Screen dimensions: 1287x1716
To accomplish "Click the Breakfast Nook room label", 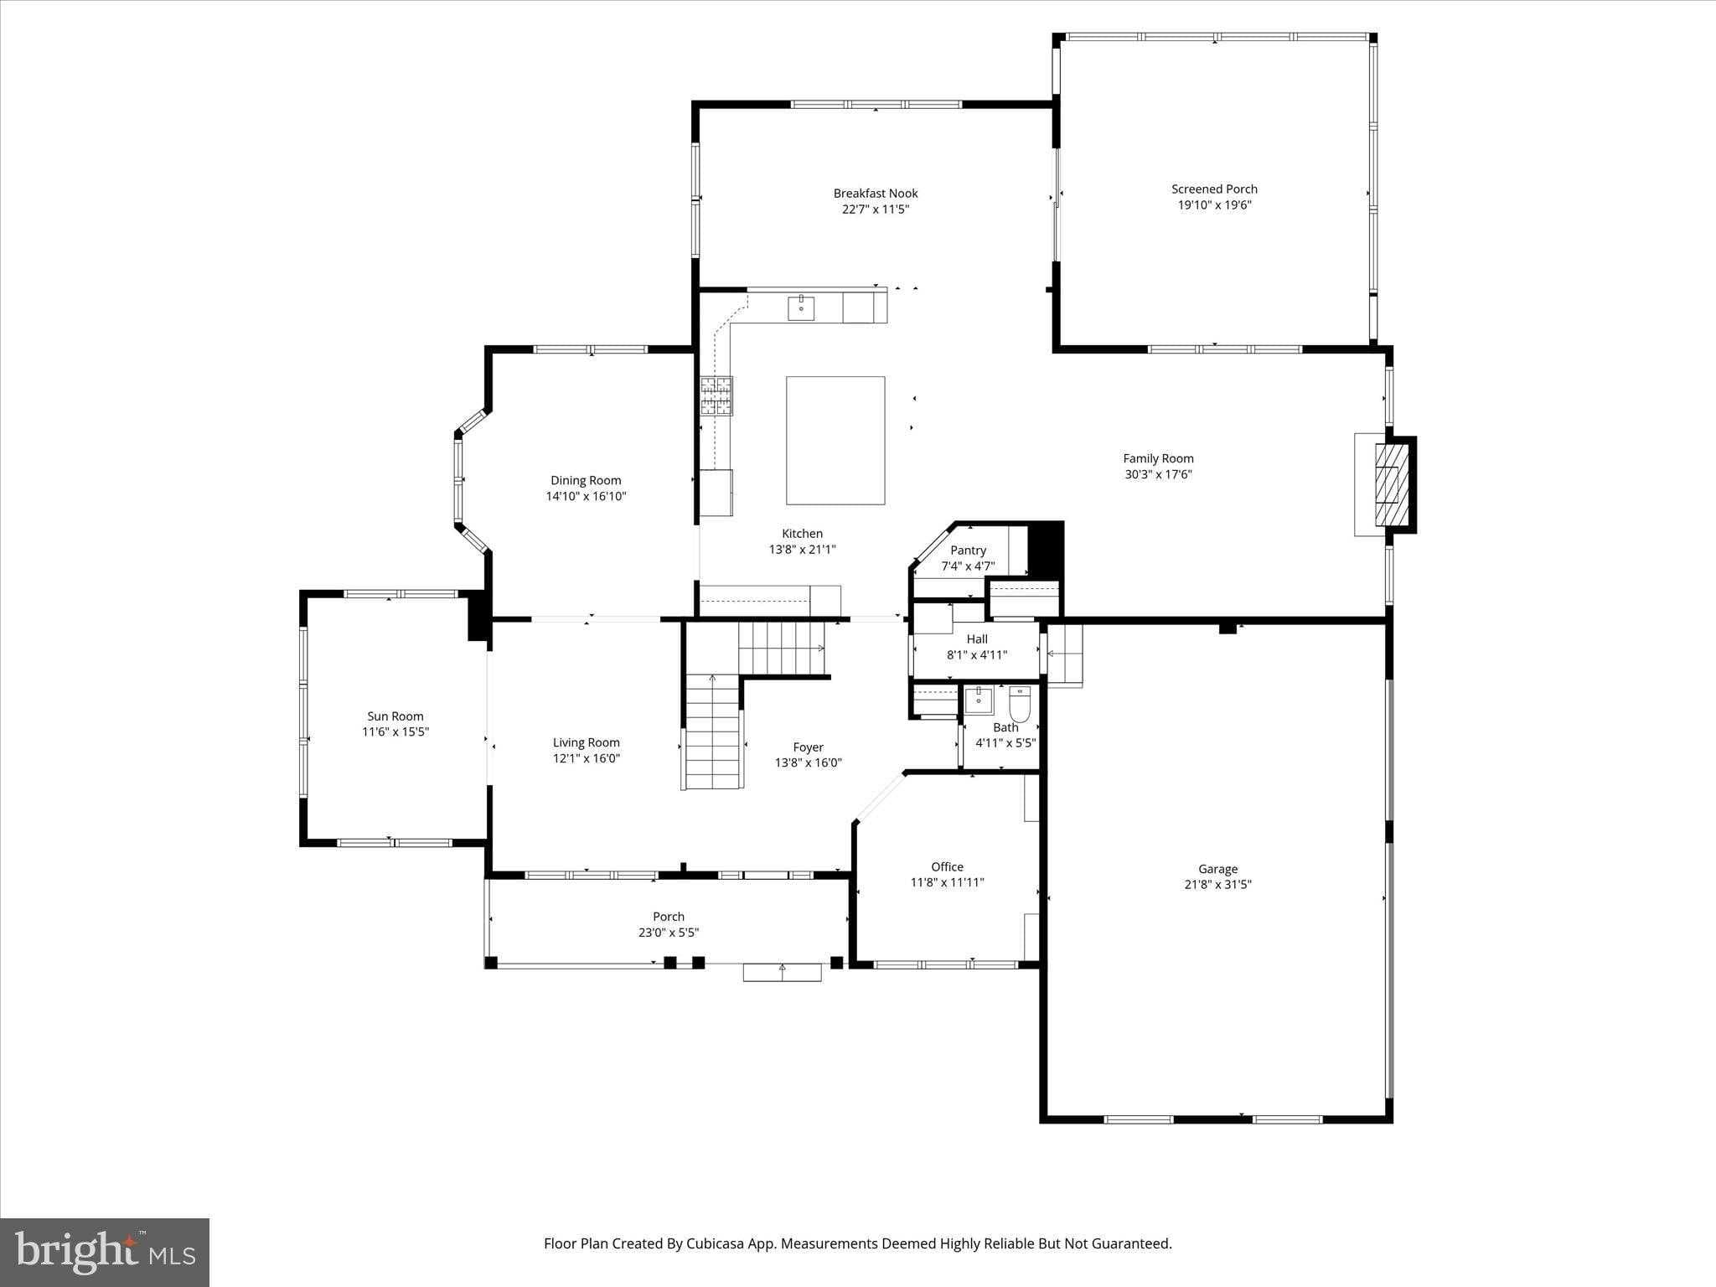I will [876, 194].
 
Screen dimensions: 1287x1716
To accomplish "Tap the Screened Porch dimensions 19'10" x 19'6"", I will [1214, 205].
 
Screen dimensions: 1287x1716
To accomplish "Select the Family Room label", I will [1158, 458].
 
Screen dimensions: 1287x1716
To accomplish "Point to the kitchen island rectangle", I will [835, 441].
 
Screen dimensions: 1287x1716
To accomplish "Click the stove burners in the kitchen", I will [716, 396].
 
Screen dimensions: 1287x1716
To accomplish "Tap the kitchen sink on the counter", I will [801, 308].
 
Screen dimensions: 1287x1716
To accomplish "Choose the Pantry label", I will [968, 550].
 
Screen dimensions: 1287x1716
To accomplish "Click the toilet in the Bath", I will [1020, 705].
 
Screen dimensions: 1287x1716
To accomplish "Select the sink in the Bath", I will [978, 700].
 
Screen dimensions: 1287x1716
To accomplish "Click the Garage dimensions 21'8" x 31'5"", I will [1217, 885].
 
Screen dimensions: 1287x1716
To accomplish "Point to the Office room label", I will [947, 866].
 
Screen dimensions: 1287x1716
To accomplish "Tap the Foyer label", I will [808, 747].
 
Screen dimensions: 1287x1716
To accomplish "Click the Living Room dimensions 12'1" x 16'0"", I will [586, 759].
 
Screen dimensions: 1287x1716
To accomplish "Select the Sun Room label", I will [395, 716].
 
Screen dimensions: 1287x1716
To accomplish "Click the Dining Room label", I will [586, 480].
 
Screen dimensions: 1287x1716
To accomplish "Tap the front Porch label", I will [669, 917].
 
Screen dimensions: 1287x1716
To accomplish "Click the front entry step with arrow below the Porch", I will [782, 972].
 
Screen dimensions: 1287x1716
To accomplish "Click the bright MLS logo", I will [105, 1253].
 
